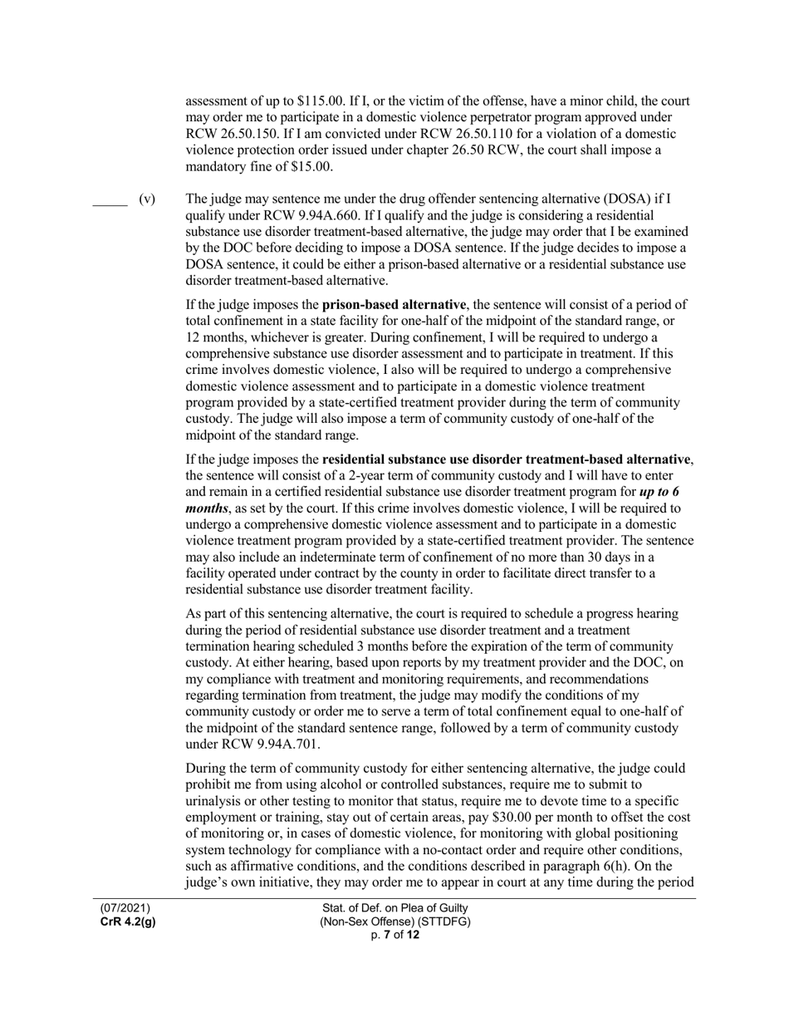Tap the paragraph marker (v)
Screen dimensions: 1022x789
[x=147, y=199]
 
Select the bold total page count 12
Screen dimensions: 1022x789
[x=413, y=935]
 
